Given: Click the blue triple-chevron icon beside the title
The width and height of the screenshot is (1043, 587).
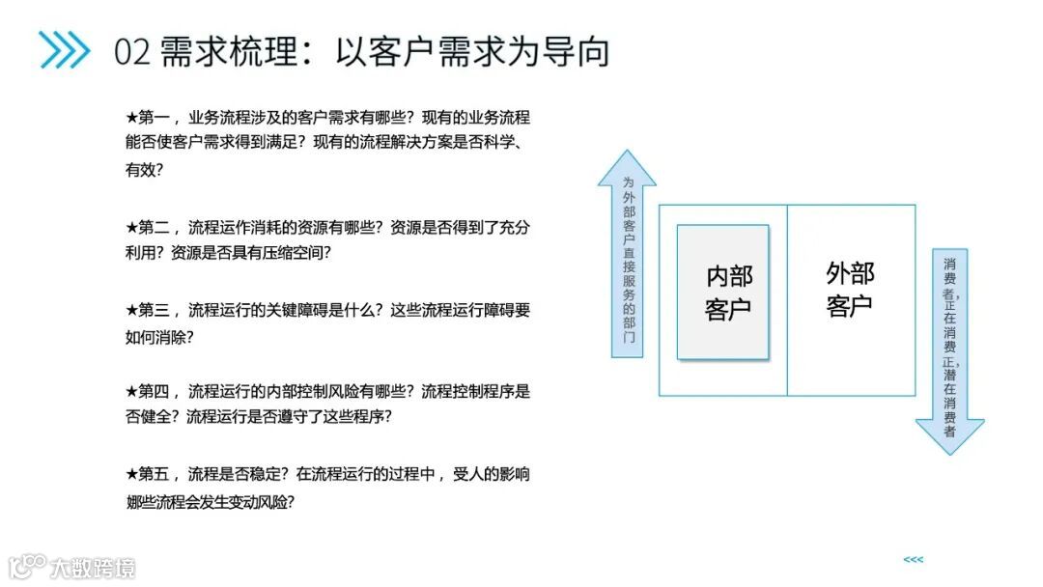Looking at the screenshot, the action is [64, 50].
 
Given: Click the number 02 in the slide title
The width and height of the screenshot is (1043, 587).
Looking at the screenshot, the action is [132, 51].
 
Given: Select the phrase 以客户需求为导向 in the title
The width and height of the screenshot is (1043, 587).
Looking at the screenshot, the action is [472, 51].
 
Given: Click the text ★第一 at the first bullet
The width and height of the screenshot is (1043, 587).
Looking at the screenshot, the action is [147, 118].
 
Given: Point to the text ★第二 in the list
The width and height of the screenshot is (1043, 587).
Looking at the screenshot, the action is [147, 228].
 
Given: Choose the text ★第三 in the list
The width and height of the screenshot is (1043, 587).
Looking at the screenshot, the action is [147, 310].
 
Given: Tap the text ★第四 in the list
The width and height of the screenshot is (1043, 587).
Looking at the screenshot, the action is [147, 392].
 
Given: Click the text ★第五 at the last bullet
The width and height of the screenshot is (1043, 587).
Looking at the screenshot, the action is [147, 474].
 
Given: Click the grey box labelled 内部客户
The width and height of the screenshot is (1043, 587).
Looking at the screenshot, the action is [723, 293].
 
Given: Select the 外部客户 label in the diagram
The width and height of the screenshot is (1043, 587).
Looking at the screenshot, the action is [850, 290].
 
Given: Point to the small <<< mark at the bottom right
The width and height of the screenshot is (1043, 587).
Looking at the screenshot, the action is [913, 559].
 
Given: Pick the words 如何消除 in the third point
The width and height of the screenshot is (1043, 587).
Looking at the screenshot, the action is [155, 337].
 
